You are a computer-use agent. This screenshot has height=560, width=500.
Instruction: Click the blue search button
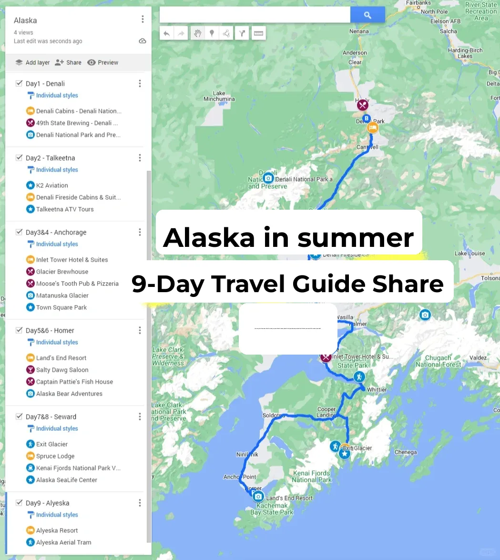coord(367,15)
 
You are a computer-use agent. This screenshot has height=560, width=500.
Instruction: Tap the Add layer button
coord(32,62)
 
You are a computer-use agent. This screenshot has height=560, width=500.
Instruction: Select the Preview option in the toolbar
coord(103,62)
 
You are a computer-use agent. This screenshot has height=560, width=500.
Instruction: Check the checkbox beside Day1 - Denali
coord(19,83)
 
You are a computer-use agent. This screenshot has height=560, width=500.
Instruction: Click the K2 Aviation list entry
coord(52,185)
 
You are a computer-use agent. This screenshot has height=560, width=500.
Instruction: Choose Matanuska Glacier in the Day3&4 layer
coord(62,295)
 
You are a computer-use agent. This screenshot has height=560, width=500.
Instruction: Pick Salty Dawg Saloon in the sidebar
coord(62,370)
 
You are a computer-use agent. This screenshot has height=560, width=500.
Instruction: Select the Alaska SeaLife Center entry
coord(66,480)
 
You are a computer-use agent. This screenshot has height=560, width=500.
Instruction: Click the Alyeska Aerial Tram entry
coord(63,542)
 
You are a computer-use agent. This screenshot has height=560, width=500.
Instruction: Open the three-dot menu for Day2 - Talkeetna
coord(140,158)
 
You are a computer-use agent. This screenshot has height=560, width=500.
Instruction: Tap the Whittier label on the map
coord(377,390)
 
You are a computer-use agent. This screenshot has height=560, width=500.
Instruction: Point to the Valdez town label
coord(478,358)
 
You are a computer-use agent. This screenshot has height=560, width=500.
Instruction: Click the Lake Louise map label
coord(469,254)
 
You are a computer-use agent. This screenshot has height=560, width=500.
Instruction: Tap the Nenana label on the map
coord(359,31)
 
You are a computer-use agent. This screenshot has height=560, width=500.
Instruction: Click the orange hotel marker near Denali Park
coord(372,128)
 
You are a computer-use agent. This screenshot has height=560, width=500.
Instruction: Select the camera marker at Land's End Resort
coord(258,496)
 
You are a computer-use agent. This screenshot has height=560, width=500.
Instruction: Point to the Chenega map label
coord(405,452)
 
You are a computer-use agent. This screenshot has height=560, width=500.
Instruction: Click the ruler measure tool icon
coord(258,33)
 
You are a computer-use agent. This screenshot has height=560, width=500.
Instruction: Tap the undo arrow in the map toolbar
coord(166,33)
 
